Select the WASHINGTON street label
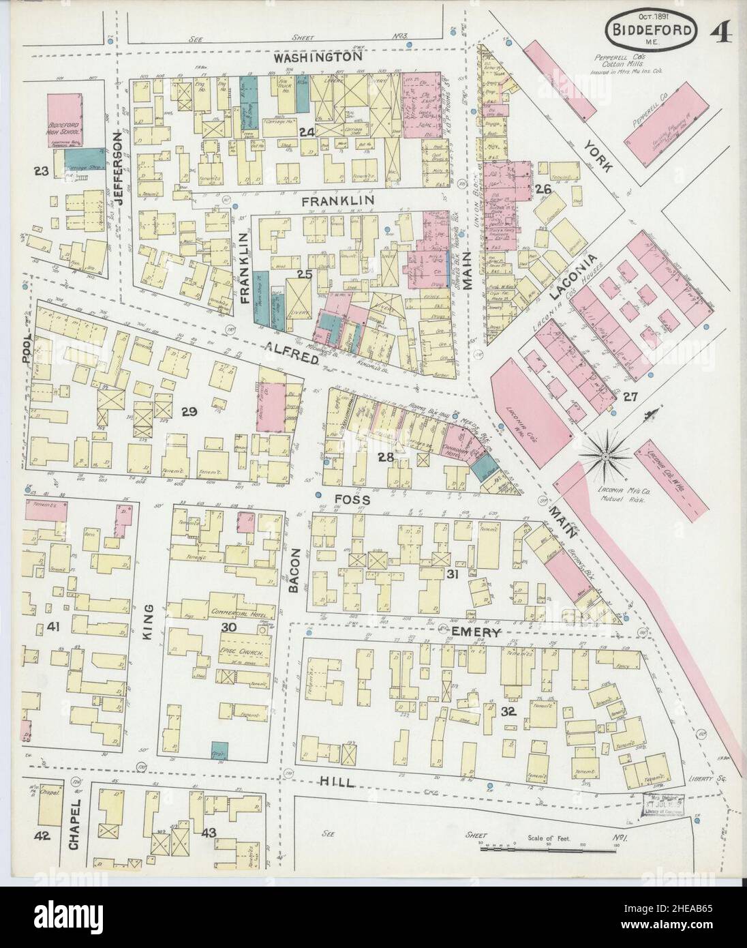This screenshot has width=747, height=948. [x=317, y=59]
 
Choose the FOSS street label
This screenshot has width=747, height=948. [x=352, y=500]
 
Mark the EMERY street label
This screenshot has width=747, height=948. [x=476, y=633]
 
